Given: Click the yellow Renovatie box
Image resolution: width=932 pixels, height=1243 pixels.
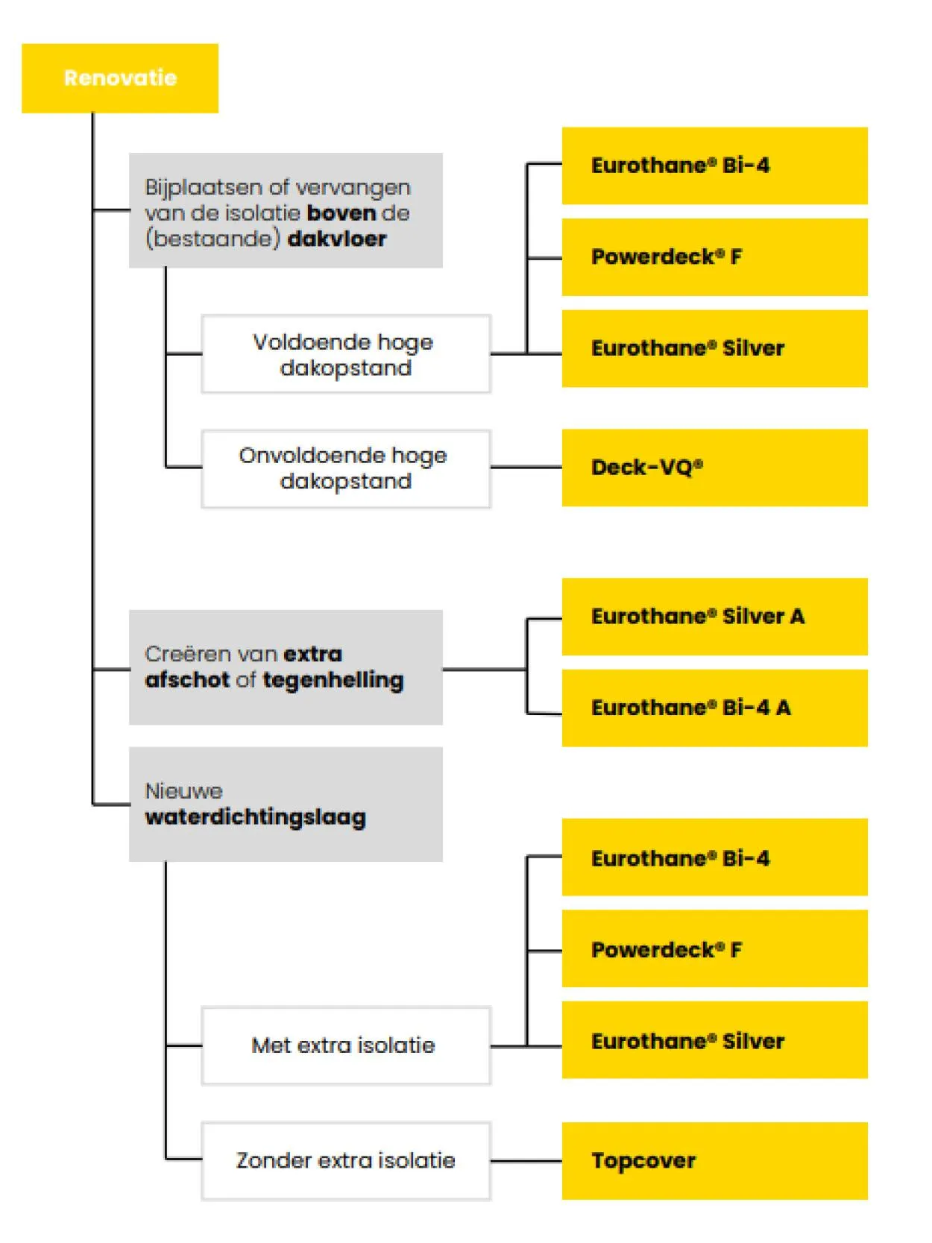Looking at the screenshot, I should [x=119, y=78].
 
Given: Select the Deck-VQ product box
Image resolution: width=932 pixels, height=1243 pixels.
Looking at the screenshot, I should [x=714, y=468].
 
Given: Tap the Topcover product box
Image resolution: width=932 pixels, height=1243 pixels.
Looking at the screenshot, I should [x=714, y=1160].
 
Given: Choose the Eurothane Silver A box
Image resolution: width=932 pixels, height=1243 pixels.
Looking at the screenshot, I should [x=714, y=617].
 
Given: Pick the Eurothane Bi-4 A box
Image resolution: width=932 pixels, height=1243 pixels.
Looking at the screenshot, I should [x=714, y=708].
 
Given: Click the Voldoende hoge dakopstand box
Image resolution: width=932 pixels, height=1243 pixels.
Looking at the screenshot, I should [x=345, y=354].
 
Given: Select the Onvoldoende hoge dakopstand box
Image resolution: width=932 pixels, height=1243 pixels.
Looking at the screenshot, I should [x=345, y=468].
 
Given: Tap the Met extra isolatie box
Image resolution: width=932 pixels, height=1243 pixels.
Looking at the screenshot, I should [x=345, y=1045].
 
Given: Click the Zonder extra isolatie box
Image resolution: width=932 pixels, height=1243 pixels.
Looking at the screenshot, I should [x=345, y=1160].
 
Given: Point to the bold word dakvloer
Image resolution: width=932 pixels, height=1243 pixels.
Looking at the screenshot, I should [x=337, y=239].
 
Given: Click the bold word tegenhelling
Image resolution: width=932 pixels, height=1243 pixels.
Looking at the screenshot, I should [x=333, y=680].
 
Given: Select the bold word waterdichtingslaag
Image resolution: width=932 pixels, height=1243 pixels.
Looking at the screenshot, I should [x=255, y=817].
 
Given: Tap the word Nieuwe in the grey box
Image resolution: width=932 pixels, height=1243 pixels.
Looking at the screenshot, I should [x=183, y=791].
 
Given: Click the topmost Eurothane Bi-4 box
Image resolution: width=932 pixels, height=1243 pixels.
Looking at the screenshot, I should [x=714, y=166].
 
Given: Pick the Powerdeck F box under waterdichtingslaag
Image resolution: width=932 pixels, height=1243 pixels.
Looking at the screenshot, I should [x=714, y=949].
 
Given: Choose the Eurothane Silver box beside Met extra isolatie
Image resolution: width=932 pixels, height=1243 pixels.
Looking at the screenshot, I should [x=714, y=1040].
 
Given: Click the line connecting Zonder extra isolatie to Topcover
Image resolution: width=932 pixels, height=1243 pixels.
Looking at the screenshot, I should [x=526, y=1160].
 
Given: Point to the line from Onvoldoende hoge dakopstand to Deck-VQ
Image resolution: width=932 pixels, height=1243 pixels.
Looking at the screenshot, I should [x=526, y=468].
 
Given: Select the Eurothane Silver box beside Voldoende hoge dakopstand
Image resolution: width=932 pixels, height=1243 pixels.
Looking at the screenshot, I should [x=714, y=348].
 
